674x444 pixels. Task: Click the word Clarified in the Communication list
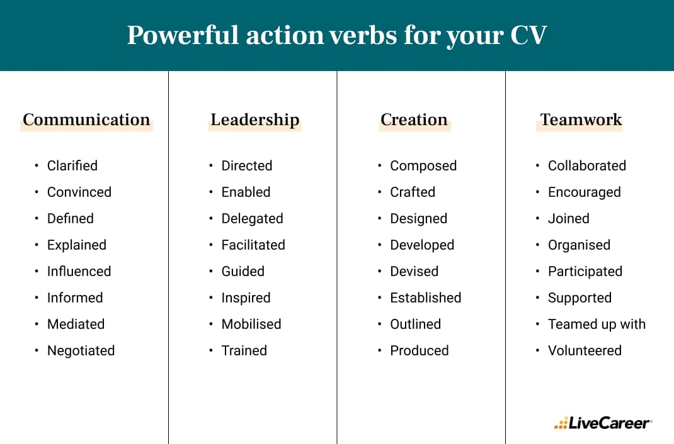click(72, 166)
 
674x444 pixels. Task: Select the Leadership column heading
click(254, 119)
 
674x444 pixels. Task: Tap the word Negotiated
click(81, 351)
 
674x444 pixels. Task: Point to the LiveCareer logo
click(603, 423)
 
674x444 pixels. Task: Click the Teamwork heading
click(581, 119)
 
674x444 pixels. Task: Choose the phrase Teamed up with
click(597, 325)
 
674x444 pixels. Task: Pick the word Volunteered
click(585, 351)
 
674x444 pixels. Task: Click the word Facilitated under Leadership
click(253, 245)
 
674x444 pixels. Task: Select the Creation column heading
click(414, 119)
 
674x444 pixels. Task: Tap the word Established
click(426, 298)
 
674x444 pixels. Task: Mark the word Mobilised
click(251, 325)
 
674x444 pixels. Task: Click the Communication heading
click(86, 119)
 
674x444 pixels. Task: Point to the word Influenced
click(79, 272)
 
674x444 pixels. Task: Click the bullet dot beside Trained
click(211, 351)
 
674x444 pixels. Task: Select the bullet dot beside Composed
click(380, 166)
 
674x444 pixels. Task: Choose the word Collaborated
click(587, 166)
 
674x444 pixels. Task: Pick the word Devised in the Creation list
click(414, 272)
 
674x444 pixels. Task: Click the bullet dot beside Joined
click(537, 219)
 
